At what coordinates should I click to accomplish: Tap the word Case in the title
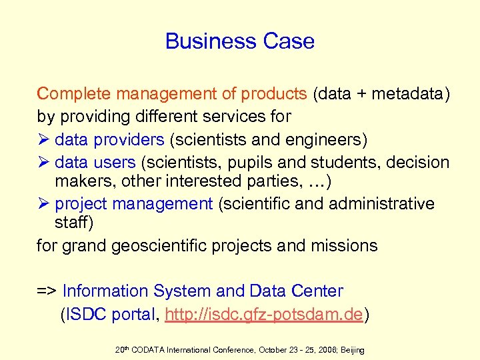[289, 41]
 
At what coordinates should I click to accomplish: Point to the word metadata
[406, 94]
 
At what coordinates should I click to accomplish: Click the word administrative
[379, 203]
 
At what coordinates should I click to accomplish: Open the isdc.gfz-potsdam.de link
[265, 314]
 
